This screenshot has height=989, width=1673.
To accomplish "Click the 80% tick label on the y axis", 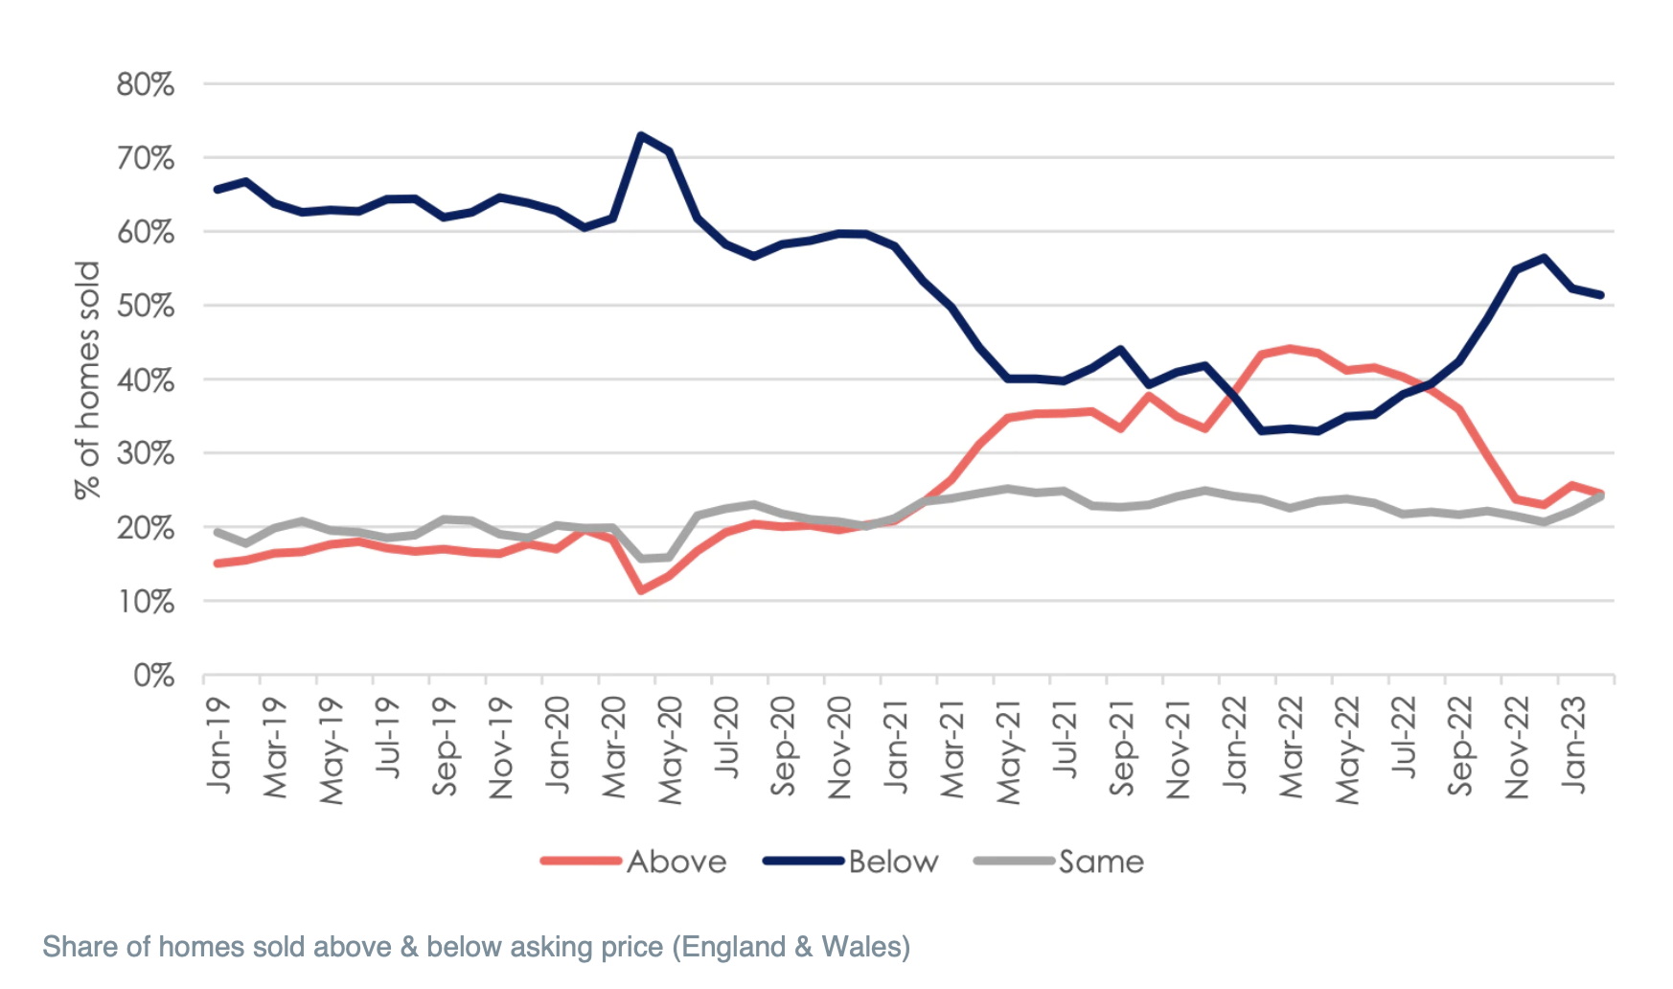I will click(x=146, y=84).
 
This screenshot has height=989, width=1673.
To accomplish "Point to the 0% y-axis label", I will click(x=153, y=676).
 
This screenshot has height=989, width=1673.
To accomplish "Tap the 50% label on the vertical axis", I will click(x=146, y=306).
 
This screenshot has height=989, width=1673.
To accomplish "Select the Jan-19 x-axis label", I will click(x=219, y=746).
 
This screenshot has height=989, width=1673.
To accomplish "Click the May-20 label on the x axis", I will click(x=671, y=750).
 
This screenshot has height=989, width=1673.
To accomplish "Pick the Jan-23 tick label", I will click(x=1573, y=746).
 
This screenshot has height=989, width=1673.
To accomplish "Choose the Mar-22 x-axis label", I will click(x=1291, y=748).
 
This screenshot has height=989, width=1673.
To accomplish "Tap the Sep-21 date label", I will click(x=1122, y=747).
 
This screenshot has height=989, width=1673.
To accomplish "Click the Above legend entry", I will click(x=676, y=862).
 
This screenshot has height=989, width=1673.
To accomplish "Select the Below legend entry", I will click(x=893, y=862).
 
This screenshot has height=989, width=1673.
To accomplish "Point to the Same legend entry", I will click(x=1101, y=862).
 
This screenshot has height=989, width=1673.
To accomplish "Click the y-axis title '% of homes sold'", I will click(x=87, y=379).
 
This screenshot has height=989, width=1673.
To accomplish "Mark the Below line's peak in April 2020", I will click(x=641, y=135).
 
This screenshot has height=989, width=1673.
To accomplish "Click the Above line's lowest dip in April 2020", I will click(x=641, y=590).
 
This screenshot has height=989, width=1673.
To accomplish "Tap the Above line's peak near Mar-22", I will click(x=1290, y=349).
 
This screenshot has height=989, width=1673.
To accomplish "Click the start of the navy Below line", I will click(x=218, y=190).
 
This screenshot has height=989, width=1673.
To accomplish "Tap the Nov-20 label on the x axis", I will click(x=840, y=748).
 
